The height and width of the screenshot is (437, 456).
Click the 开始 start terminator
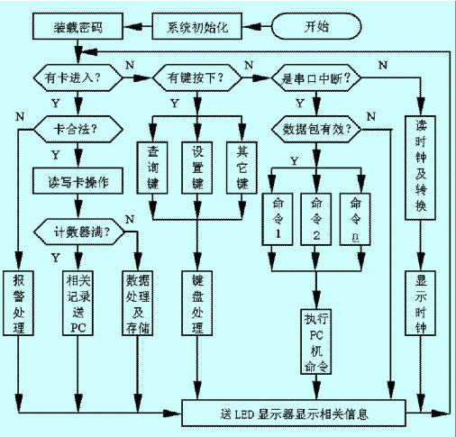(x=316, y=26)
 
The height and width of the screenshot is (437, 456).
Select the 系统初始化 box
(x=197, y=26)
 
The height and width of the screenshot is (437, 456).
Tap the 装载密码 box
(x=78, y=26)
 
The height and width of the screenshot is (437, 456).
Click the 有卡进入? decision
(x=78, y=77)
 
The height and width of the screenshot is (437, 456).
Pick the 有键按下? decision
(x=197, y=77)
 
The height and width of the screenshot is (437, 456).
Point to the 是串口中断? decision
(x=316, y=77)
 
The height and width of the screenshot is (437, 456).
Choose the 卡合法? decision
(x=78, y=130)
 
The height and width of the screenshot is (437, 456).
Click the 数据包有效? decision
(x=316, y=130)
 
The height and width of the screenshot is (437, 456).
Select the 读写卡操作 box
(x=78, y=181)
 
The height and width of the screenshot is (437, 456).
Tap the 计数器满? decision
(x=78, y=232)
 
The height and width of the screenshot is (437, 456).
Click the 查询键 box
(x=152, y=168)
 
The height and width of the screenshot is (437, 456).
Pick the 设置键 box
(x=197, y=168)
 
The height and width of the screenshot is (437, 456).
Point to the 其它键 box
(x=242, y=168)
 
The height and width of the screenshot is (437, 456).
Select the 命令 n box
(x=355, y=219)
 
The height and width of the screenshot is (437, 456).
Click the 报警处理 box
(x=18, y=303)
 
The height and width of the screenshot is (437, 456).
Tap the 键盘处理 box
(x=197, y=303)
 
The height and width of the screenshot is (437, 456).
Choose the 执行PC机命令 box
(x=316, y=341)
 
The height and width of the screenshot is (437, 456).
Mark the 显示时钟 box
(x=420, y=303)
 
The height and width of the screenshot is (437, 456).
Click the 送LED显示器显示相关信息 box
(x=294, y=413)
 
